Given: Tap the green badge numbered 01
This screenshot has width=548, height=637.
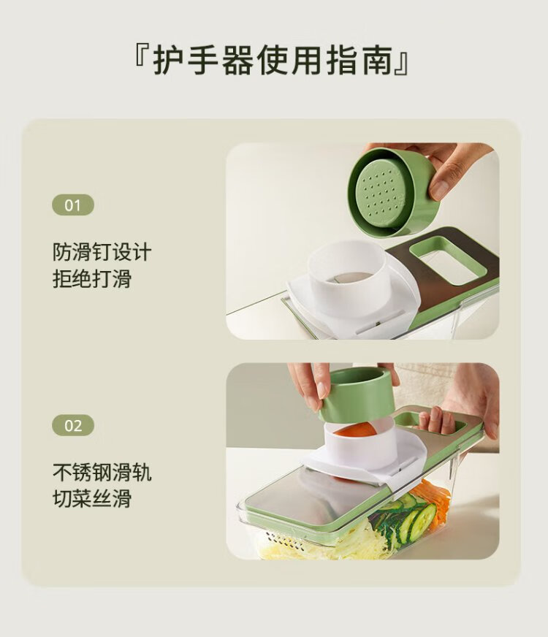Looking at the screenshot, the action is point(73,205).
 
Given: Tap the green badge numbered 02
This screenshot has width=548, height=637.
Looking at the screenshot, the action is point(73,425).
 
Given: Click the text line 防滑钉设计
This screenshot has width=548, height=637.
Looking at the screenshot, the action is point(102,252).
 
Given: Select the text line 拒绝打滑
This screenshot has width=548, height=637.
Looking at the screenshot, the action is point(92,279).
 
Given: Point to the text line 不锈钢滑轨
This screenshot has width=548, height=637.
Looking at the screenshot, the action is point(102,472).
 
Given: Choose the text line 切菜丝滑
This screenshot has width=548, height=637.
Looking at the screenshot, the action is point(92,499).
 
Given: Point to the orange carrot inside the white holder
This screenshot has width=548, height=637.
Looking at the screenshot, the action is point(356,430).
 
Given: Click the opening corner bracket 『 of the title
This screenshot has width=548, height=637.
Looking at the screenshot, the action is point(142,57).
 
